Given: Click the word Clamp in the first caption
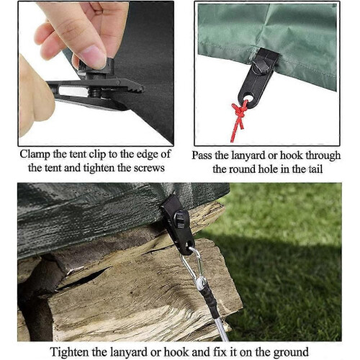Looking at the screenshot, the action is (35, 154).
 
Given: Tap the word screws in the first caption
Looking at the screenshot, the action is (149, 168).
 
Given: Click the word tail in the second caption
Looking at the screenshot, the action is (315, 169).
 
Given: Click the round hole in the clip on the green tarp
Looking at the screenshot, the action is (249, 98).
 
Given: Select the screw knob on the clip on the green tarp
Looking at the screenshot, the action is (261, 66).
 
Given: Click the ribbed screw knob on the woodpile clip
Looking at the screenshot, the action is (179, 219).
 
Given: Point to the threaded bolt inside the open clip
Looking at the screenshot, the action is (95, 91).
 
